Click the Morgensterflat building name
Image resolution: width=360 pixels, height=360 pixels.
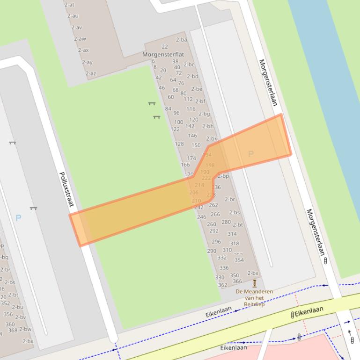(x=163, y=54)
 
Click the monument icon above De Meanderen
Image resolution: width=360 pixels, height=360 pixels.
(x=255, y=283)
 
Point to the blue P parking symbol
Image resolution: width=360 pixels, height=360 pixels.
(x=18, y=217)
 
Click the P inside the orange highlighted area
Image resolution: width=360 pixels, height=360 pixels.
(x=250, y=154)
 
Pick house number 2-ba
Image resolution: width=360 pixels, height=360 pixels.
(x=182, y=40)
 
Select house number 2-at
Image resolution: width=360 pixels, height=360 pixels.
(x=69, y=5)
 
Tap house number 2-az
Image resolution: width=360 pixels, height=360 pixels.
(x=90, y=73)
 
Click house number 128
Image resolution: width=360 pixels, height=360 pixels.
(x=179, y=144)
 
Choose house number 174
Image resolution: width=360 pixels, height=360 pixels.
(x=191, y=158)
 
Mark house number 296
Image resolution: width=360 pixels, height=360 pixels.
(x=216, y=242)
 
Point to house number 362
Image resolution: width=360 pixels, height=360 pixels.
(x=222, y=285)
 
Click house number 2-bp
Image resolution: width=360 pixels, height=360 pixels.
(x=223, y=176)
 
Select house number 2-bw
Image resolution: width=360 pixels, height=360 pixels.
(x=26, y=329)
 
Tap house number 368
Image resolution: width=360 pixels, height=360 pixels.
(x=13, y=331)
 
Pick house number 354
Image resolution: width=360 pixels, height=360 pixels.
(x=239, y=260)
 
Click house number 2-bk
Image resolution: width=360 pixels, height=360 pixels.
(x=212, y=138)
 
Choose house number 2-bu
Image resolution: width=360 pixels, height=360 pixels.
(x=17, y=307)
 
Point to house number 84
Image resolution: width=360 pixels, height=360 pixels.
(x=168, y=109)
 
